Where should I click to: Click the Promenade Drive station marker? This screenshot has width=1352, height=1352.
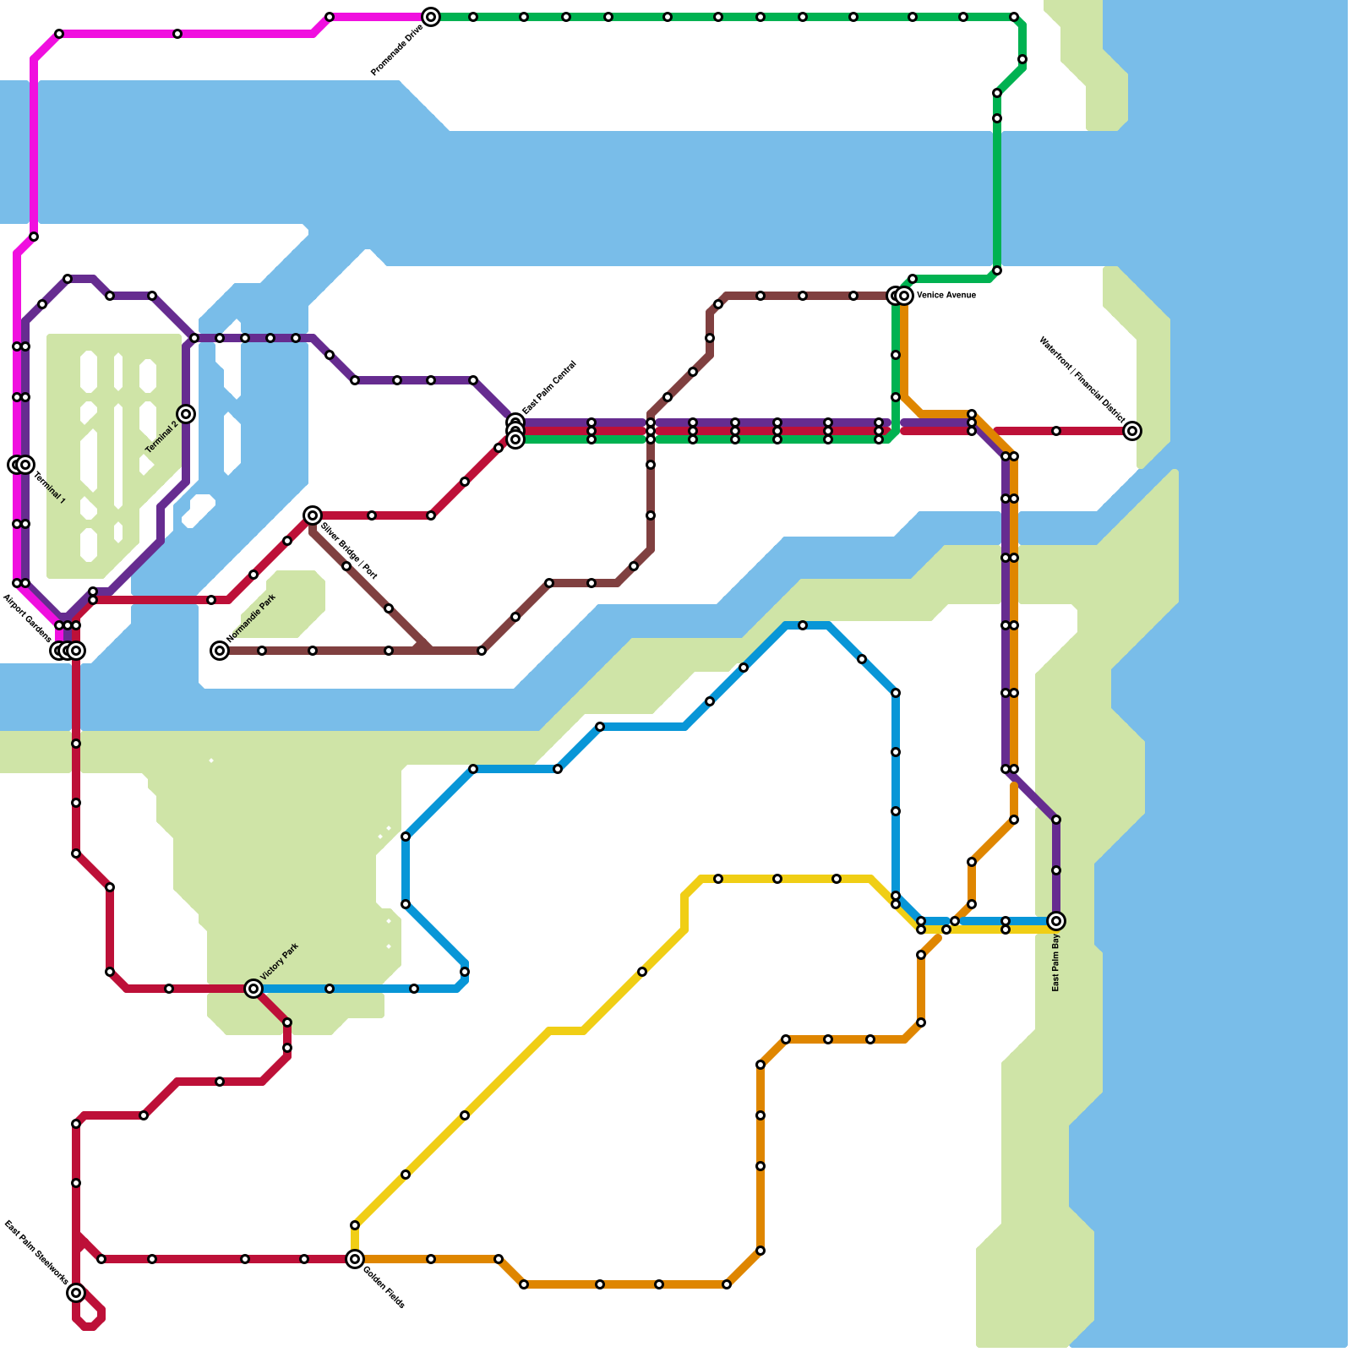point(431,17)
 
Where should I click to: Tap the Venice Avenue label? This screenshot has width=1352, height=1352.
point(946,296)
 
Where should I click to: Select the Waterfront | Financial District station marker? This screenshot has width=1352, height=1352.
point(1132,431)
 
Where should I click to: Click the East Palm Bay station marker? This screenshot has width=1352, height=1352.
point(1055,921)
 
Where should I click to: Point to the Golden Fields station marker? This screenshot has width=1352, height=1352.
point(355,1259)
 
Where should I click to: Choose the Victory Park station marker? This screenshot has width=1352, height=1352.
point(253,989)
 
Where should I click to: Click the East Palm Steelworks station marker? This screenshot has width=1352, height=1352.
point(76,1293)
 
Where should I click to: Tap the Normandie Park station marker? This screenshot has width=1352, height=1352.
point(220,650)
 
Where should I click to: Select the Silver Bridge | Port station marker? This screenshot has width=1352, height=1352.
point(313,515)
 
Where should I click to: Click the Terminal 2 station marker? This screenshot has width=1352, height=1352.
point(187,414)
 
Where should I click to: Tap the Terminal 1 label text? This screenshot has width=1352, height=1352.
point(50,488)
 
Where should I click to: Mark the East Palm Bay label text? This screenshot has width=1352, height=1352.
point(1055,962)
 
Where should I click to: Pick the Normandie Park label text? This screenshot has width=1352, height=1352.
point(252,618)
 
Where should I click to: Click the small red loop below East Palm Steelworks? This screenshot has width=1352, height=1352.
point(89,1318)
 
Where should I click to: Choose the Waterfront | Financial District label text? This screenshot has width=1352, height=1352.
point(1082,379)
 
